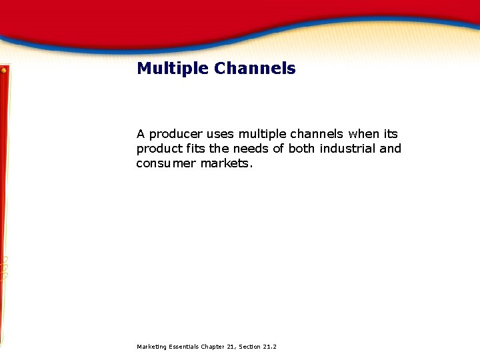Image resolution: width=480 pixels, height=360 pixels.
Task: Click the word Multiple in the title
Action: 173,69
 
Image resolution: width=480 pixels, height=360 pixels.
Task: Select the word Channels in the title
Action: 255,69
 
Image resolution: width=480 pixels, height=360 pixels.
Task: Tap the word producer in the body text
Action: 175,134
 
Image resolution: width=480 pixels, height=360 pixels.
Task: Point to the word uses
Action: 221,134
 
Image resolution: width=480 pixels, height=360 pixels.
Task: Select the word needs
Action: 252,149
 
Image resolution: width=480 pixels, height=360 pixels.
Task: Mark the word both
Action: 302,149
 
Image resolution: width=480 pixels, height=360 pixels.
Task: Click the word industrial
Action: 347,149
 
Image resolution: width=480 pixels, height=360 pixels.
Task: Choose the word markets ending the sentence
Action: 227,163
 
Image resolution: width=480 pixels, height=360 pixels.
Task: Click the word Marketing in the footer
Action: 151,347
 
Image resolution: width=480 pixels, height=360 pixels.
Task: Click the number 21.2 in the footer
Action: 270,347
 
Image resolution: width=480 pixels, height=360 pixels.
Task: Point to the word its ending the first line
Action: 390,134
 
